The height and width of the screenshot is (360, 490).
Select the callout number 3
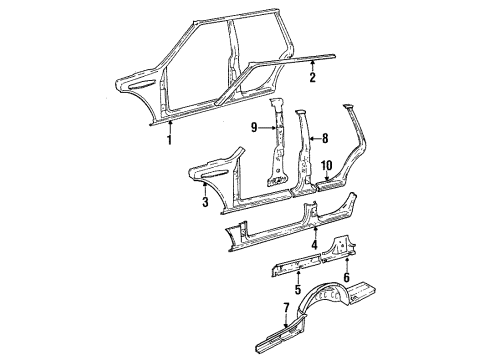tap(204, 203)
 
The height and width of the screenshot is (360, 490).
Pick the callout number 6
tap(346, 277)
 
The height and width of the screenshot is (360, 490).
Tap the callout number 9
tap(255, 128)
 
